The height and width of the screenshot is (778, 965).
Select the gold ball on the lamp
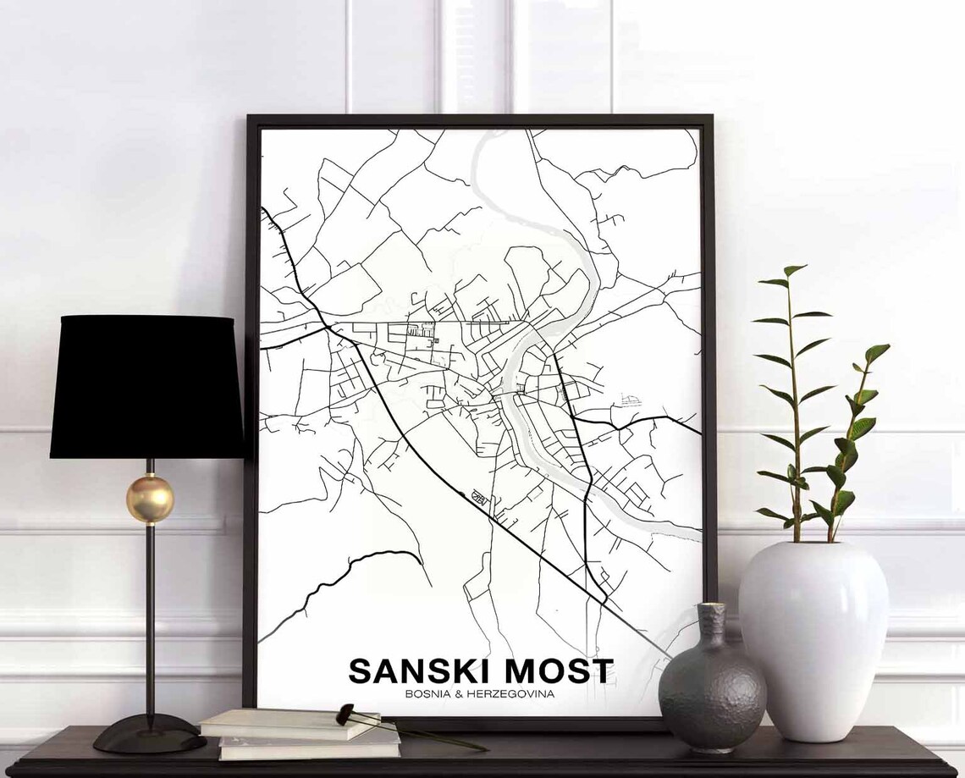pos(150,499)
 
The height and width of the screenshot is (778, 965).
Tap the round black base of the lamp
pos(150,733)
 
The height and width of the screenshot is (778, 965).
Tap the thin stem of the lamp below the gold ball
pos(150,610)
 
